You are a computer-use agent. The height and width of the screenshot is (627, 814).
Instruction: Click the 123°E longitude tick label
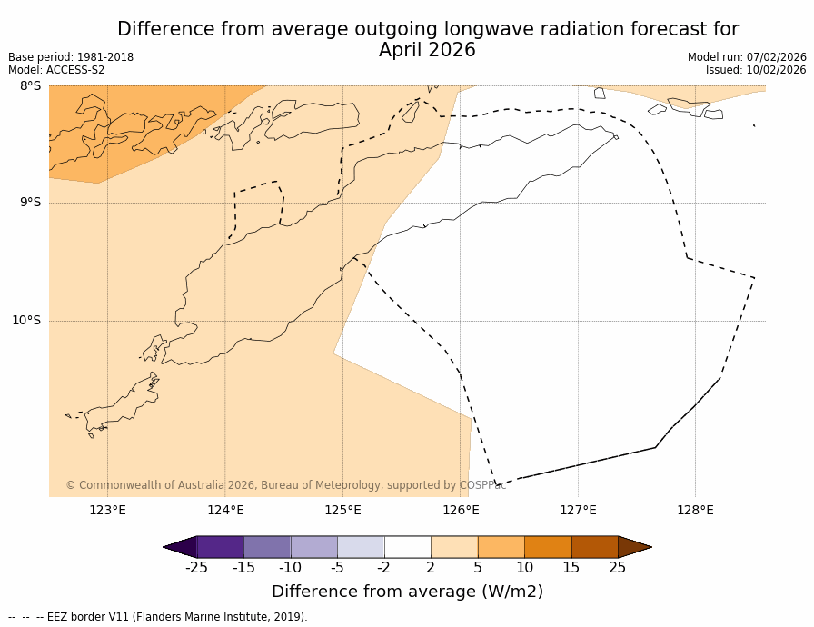click(x=107, y=510)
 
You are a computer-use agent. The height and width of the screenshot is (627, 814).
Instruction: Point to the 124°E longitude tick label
click(x=225, y=510)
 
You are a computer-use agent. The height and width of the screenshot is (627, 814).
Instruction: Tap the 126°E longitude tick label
click(x=461, y=510)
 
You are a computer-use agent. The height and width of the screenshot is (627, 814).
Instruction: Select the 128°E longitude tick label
click(x=695, y=510)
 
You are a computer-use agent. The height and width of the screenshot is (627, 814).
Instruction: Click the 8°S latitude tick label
click(x=30, y=86)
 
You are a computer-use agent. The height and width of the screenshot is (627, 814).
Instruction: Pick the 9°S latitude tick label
click(x=30, y=203)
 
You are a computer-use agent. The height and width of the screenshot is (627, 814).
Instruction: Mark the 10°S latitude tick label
click(x=26, y=320)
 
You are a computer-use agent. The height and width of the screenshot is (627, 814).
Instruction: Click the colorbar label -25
click(x=196, y=568)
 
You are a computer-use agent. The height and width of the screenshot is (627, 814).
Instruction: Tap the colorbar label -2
click(x=384, y=568)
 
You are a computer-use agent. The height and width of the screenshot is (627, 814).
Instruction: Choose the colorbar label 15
click(x=571, y=568)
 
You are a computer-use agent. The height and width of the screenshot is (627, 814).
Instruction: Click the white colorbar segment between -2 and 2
click(x=407, y=547)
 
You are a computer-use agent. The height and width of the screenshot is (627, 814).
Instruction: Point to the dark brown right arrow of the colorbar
click(x=634, y=547)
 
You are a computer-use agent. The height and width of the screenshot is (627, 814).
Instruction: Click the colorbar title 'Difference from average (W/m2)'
click(x=407, y=592)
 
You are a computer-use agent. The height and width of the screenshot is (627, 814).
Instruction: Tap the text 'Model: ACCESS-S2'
click(x=56, y=70)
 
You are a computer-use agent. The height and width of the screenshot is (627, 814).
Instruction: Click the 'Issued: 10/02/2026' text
click(x=756, y=70)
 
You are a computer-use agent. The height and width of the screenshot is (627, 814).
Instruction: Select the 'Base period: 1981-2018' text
click(x=71, y=57)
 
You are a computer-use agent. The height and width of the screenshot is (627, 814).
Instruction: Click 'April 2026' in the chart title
click(x=427, y=51)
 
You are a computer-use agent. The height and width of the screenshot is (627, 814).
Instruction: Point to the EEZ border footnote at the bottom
click(x=158, y=617)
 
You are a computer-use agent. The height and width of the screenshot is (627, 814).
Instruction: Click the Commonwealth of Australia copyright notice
click(x=285, y=485)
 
